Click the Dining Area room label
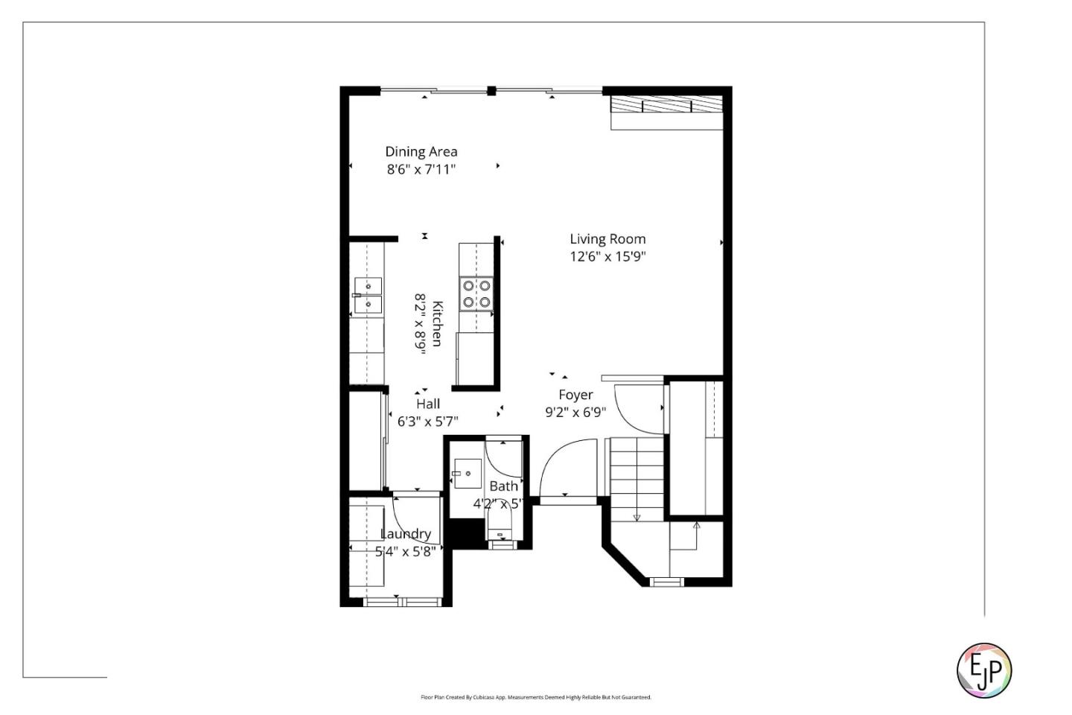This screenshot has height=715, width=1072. [421, 152]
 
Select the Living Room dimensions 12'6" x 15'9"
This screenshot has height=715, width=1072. [607, 257]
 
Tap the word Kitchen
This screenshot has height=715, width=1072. [438, 323]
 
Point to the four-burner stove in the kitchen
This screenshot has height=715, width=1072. [476, 293]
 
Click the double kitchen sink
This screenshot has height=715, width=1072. [368, 295]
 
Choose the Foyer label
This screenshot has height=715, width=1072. [575, 395]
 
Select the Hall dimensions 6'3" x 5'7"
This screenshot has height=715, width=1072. [427, 422]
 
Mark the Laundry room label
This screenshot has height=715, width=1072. [406, 534]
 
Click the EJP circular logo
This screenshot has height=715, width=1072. [983, 670]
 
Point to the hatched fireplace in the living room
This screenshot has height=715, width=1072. [666, 104]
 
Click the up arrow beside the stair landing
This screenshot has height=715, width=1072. [696, 527]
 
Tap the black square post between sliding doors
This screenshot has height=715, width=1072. [491, 91]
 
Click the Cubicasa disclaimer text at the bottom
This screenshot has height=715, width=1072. [536, 697]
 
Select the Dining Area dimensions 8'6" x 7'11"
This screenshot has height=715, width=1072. [421, 170]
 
